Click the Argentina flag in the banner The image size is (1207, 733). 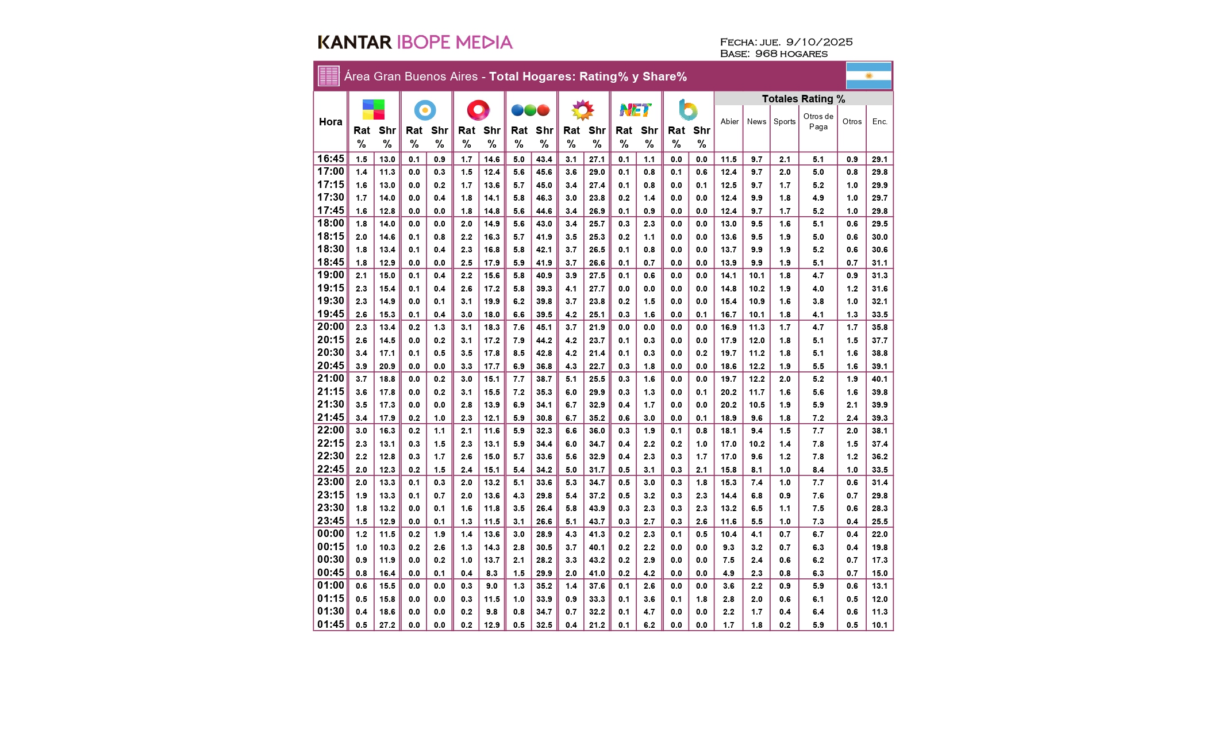(868, 76)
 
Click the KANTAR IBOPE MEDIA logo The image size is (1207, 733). (415, 42)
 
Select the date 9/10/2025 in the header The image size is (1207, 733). (819, 42)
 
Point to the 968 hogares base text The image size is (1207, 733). (791, 54)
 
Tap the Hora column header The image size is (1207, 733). (330, 122)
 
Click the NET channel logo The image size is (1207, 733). (635, 110)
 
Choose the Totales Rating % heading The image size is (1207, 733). (803, 99)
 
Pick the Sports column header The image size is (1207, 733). (785, 122)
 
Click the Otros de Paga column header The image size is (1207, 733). (818, 121)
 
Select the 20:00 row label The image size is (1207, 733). (330, 327)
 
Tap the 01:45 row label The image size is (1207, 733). (330, 624)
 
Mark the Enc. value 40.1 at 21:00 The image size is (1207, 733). (879, 379)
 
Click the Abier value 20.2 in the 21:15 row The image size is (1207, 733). (728, 392)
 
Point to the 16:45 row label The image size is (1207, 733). (330, 159)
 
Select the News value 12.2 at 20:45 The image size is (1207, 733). (756, 366)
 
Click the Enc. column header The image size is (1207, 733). (879, 122)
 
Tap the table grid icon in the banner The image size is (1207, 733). (329, 76)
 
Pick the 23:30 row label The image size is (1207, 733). (330, 508)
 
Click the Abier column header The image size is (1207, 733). (729, 122)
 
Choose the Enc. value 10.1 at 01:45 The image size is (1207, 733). (879, 625)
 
